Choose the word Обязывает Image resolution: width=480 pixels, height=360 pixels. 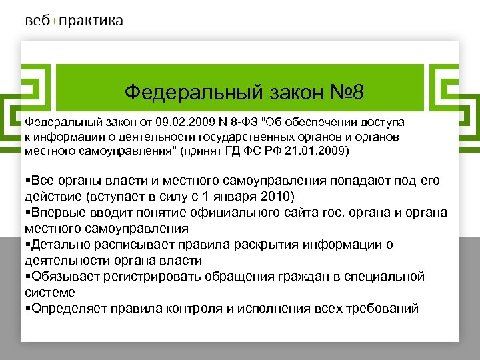tap(64, 277)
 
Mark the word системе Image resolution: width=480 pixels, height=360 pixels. tap(50, 292)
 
